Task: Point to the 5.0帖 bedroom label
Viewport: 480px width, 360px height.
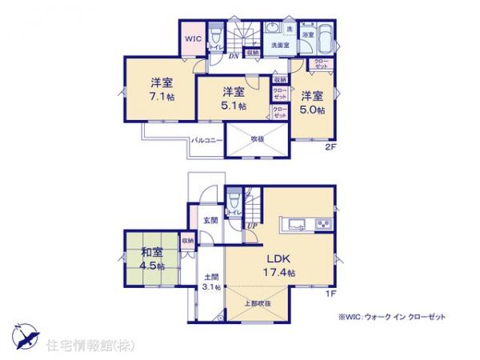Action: point(312,102)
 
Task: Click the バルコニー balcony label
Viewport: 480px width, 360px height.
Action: point(206,140)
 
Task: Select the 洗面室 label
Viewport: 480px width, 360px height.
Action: point(278,46)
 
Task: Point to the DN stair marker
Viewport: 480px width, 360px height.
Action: point(234,55)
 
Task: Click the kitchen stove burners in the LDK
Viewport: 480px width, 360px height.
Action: point(323,222)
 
